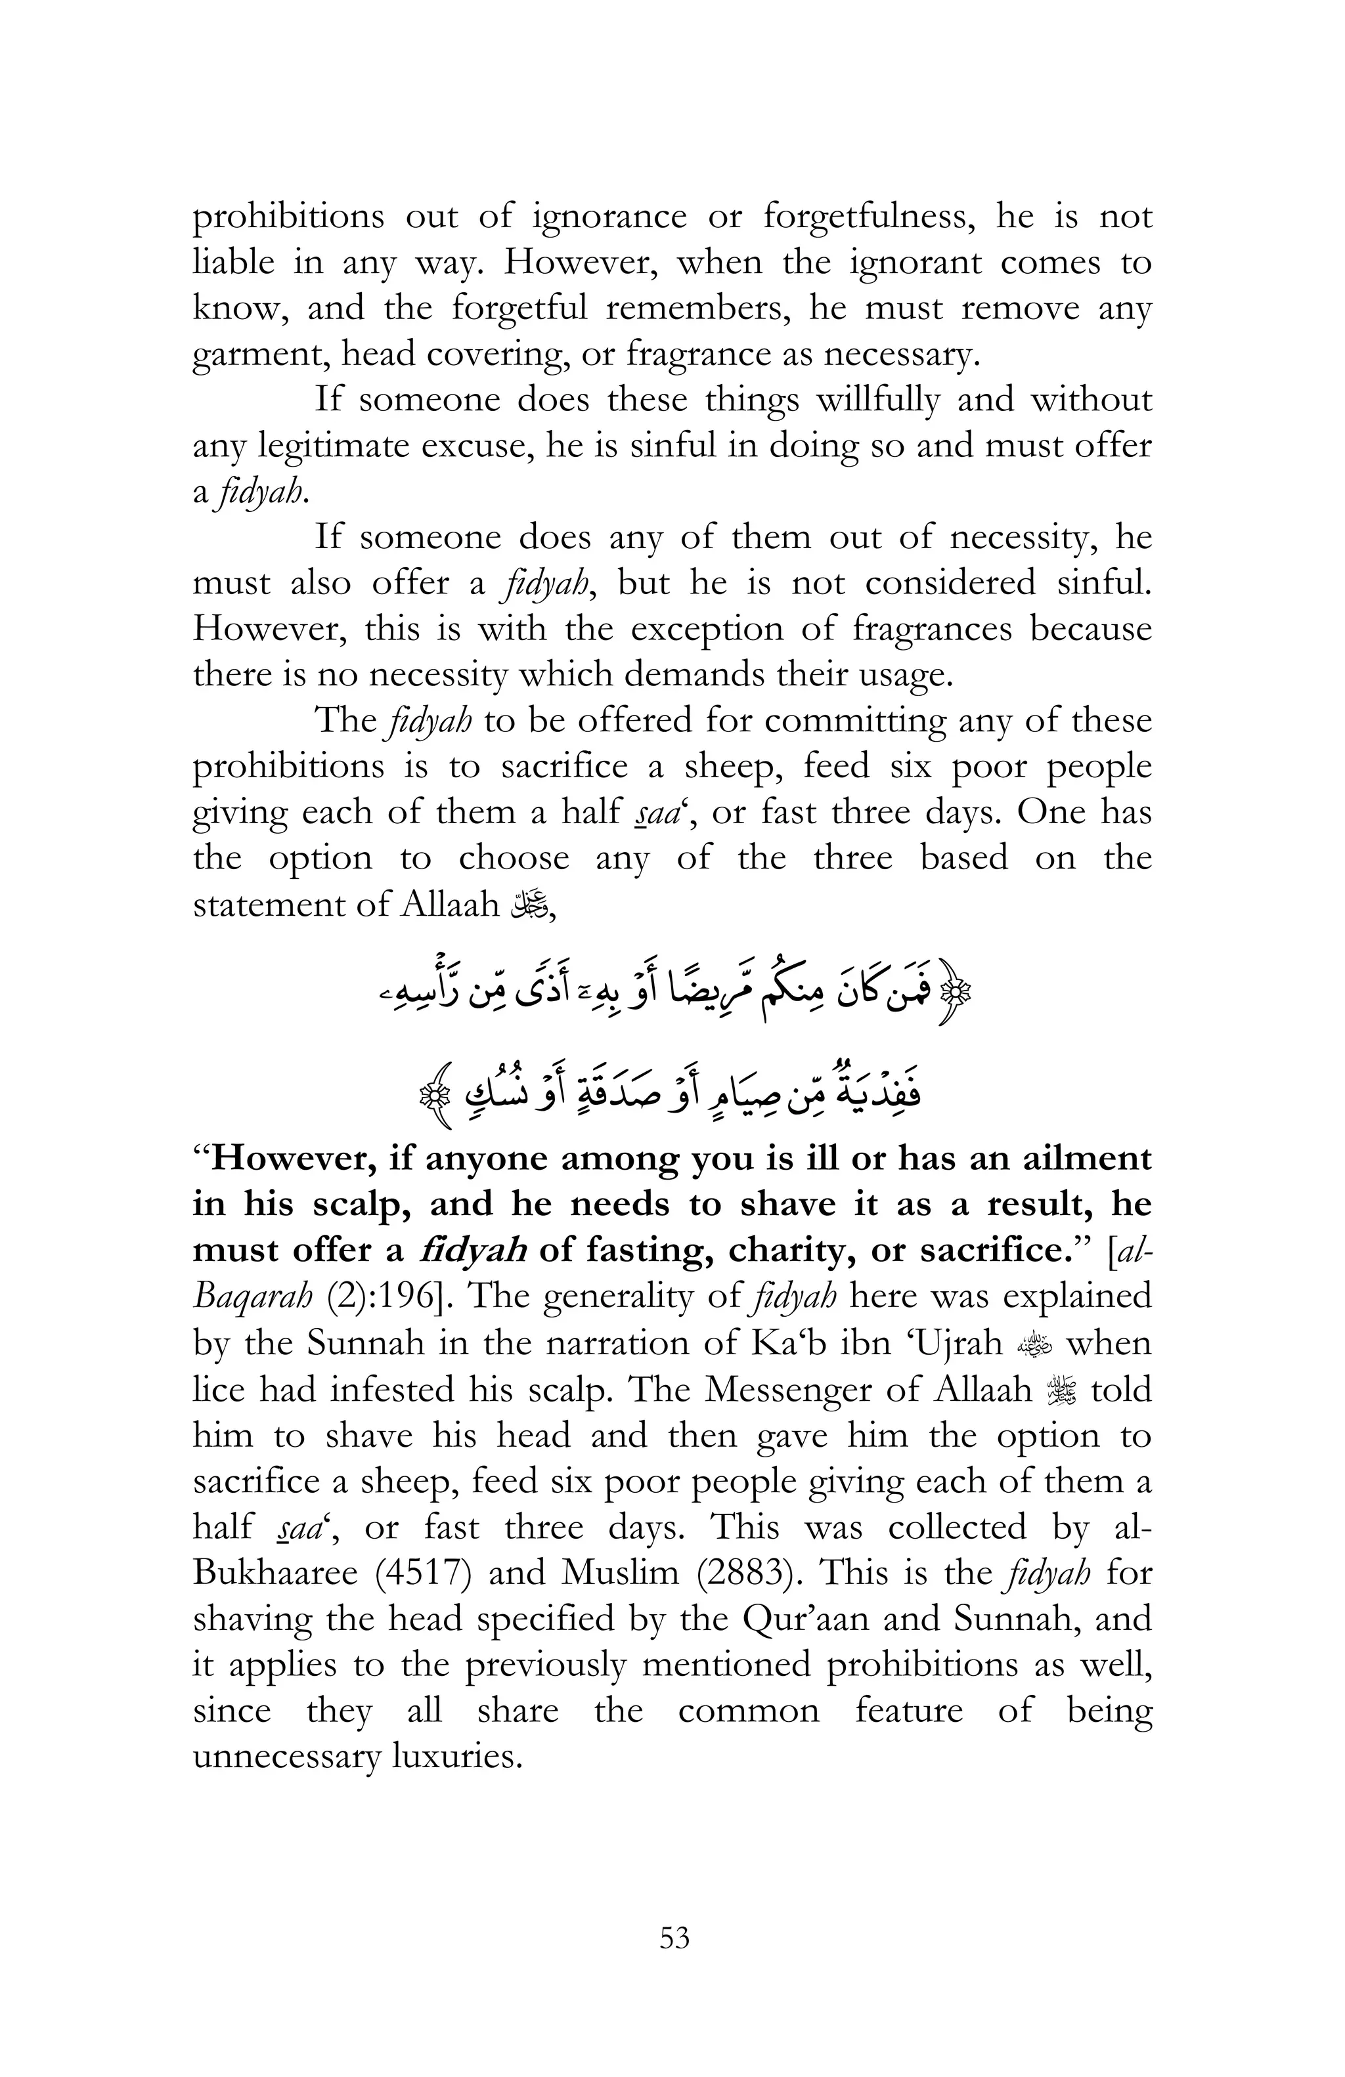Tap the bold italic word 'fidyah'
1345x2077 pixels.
[x=472, y=1251]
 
